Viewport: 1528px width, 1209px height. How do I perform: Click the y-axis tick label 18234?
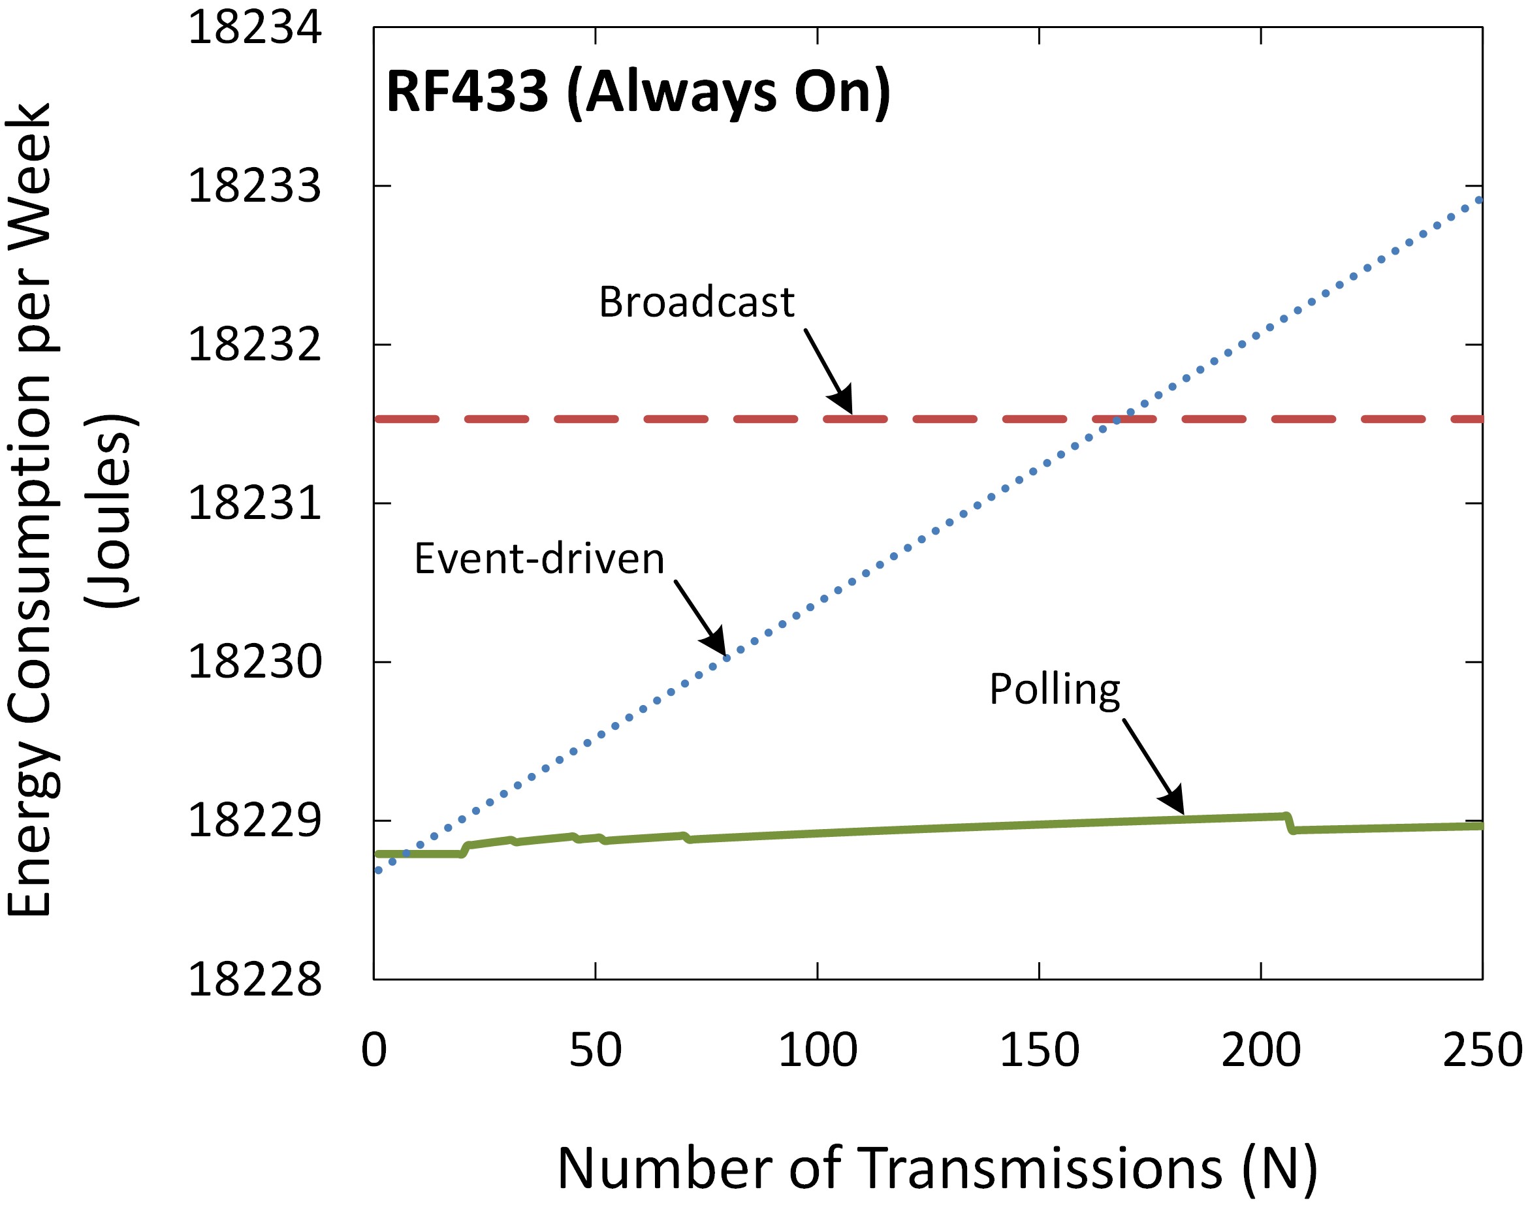tap(254, 28)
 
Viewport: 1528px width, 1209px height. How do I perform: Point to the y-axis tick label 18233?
tap(254, 187)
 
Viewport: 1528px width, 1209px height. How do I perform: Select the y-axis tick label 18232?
tap(254, 346)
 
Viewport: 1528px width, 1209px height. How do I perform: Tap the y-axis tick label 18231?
tap(254, 505)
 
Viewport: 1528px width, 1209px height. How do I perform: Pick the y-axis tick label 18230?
tap(254, 663)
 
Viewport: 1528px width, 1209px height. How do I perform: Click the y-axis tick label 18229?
tap(254, 822)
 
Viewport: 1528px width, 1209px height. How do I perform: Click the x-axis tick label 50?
tap(595, 1050)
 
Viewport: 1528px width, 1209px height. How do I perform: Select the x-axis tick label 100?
tap(817, 1050)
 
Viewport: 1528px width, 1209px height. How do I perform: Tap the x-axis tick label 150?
tap(1039, 1050)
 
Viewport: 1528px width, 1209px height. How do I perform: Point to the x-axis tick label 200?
tap(1261, 1050)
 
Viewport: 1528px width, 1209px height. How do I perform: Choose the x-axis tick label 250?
tap(1482, 1050)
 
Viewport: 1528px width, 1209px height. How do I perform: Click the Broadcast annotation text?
tap(697, 302)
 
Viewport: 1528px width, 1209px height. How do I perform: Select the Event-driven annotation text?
tap(539, 559)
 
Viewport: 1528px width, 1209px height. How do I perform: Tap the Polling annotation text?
tap(1055, 689)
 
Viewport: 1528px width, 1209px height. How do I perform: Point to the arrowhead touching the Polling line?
tap(1175, 804)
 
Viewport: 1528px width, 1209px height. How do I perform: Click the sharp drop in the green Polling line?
tap(1290, 823)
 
